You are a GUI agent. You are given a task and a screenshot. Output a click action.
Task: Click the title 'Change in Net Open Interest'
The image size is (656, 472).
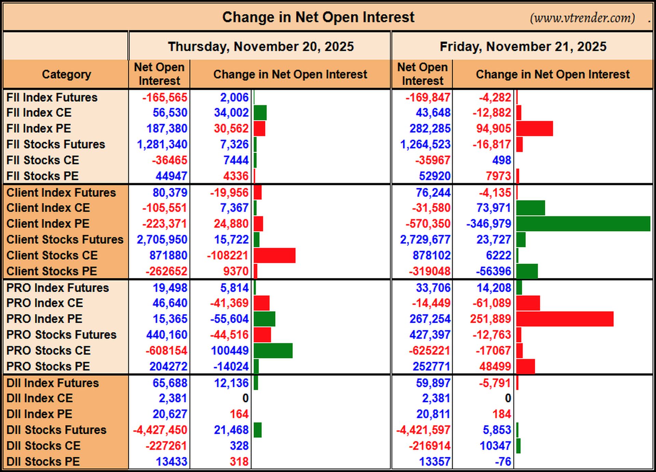point(318,17)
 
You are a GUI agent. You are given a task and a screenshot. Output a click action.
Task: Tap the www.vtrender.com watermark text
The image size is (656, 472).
point(582,18)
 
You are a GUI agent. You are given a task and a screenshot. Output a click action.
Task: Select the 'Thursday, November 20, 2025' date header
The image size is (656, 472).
point(261,46)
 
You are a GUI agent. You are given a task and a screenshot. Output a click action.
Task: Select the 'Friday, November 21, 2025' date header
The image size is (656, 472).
point(523,46)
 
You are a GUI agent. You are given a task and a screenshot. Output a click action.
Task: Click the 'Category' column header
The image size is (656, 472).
point(66,74)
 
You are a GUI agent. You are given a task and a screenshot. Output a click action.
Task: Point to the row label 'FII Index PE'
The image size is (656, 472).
point(39,128)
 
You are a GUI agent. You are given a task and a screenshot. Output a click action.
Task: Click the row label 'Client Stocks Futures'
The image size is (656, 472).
point(65,239)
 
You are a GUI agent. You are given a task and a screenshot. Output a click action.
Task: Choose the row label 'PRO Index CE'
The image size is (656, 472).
point(44,303)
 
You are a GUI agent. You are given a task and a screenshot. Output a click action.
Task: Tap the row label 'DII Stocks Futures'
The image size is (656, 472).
point(56,430)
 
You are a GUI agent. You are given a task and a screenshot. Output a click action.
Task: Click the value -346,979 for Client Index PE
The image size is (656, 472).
point(489,224)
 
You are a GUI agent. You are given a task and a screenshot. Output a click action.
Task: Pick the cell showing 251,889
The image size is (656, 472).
point(490,319)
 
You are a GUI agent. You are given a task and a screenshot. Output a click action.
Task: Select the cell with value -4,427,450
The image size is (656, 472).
point(160,430)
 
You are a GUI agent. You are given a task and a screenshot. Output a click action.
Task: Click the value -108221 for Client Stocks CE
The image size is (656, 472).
point(228,255)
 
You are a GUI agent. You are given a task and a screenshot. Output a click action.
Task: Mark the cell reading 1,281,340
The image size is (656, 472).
point(162,144)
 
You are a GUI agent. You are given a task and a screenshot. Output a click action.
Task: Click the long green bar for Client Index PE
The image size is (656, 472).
point(583,224)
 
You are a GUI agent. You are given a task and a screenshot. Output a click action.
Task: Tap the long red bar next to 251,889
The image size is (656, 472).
point(565,319)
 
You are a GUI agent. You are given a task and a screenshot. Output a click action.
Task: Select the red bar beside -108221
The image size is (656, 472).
point(274,255)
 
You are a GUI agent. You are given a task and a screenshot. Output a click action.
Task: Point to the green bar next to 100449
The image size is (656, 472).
point(273,351)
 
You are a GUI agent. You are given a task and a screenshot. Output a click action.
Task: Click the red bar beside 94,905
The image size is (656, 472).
point(534,128)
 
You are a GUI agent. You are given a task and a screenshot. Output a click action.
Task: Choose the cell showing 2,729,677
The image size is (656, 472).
point(425,239)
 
